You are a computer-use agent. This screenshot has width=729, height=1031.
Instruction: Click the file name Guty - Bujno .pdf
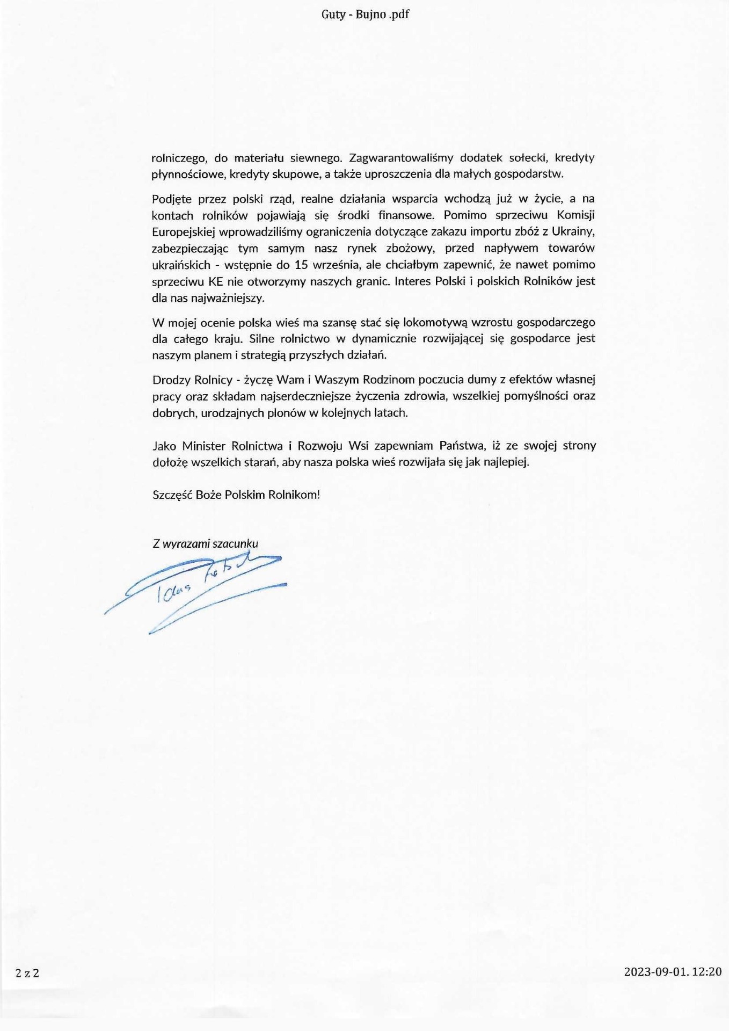tap(365, 14)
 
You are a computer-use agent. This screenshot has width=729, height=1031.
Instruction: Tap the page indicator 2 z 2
tap(27, 972)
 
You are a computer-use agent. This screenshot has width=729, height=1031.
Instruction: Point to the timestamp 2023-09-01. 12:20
tap(673, 971)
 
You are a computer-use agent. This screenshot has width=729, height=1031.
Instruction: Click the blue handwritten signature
tap(196, 591)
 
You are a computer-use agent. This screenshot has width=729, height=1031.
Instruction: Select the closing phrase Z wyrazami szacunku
tap(205, 543)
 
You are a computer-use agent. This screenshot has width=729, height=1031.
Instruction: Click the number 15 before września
tap(301, 265)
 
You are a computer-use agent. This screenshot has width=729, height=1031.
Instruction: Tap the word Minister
tap(206, 446)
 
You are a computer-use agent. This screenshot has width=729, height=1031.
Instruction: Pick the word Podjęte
tap(172, 199)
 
